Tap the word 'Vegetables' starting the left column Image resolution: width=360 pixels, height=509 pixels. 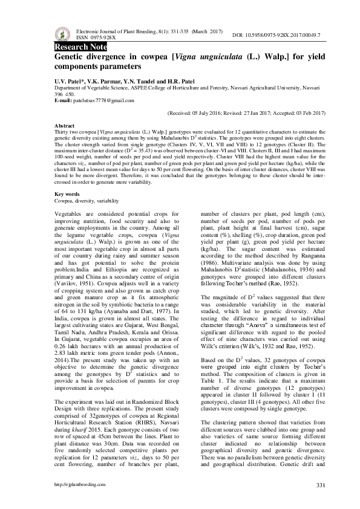click(70, 214)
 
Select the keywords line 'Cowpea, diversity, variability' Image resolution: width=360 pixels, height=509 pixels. click(87, 200)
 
